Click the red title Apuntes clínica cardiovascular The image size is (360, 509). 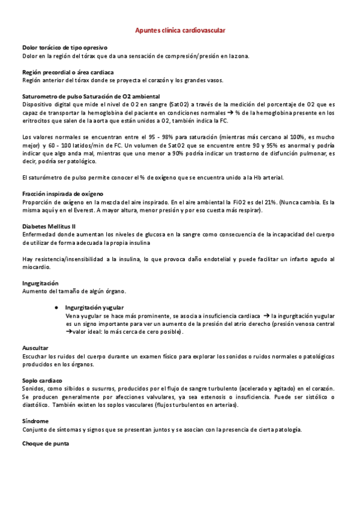[180, 29]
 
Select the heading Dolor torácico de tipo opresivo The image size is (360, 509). [64, 47]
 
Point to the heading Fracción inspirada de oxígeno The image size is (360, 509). [62, 194]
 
